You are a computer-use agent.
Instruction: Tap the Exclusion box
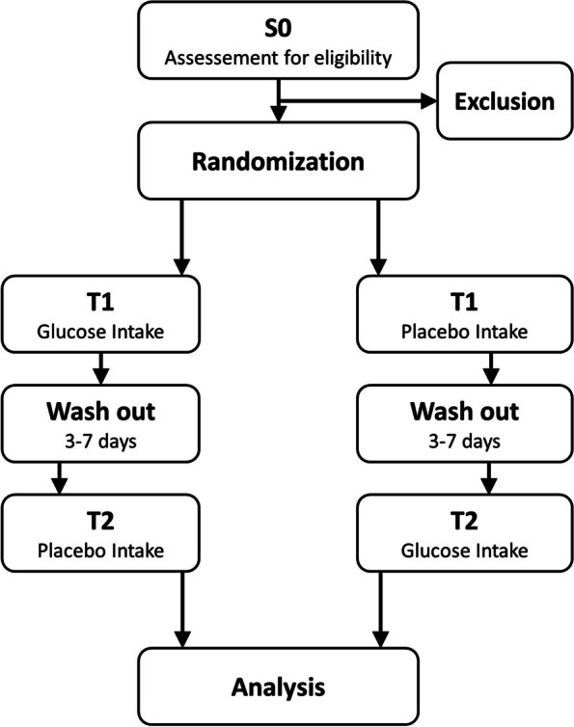coord(499,101)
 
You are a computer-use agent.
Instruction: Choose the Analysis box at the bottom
coord(279,687)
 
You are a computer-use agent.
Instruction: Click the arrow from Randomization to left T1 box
coord(180,236)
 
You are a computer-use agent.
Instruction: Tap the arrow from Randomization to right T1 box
coord(377,236)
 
